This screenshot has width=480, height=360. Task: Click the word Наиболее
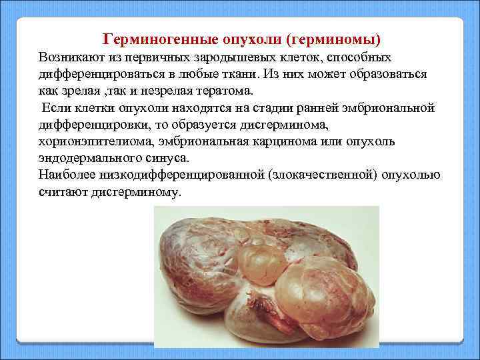(x=67, y=176)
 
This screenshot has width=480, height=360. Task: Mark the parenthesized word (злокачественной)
(x=305, y=176)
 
